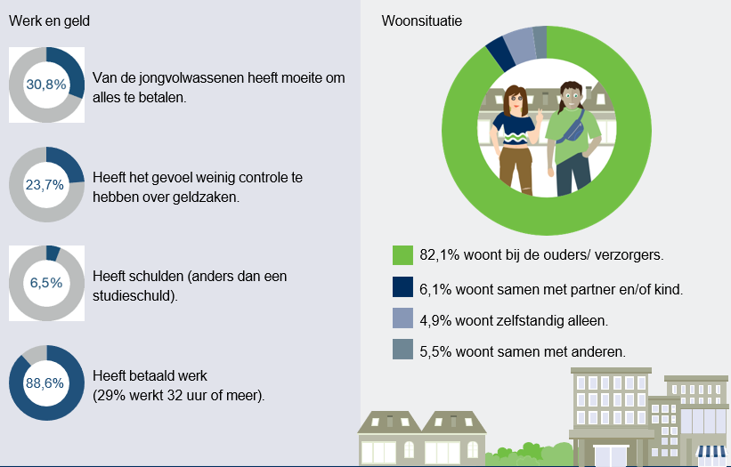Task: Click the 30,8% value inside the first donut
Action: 46,85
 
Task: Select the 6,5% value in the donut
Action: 46,284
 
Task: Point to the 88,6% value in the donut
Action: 46,383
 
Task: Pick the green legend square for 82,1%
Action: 403,255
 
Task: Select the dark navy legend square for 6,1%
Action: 403,287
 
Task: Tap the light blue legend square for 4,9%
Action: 403,319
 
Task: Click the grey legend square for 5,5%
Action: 403,351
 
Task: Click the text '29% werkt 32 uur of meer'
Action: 178,394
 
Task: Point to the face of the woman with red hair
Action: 516,98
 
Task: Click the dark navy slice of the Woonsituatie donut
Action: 500,53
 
